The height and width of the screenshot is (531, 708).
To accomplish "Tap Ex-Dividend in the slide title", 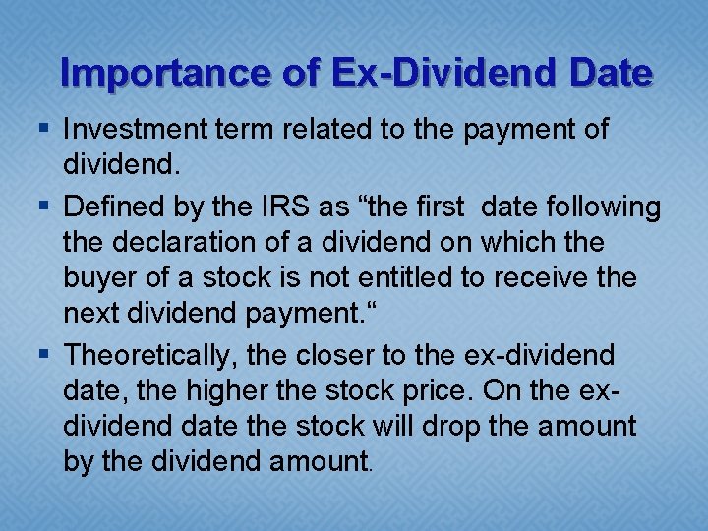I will (x=404, y=73).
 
